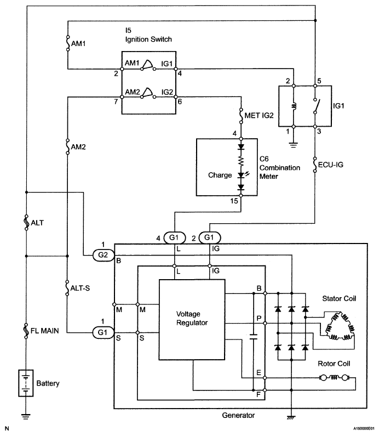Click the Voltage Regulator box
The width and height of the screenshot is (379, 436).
(192, 320)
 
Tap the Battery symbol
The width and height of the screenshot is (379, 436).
(26, 383)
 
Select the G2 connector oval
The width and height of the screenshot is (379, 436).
(103, 255)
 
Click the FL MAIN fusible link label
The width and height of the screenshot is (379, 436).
(45, 331)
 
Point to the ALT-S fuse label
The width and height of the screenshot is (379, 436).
(80, 288)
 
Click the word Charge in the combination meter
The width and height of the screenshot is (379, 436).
(220, 175)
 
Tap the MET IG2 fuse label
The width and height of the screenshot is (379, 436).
(259, 115)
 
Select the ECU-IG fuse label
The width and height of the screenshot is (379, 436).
(331, 165)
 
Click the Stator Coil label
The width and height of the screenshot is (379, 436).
(339, 299)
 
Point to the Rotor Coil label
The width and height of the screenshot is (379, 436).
(334, 364)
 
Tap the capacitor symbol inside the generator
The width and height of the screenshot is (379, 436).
(253, 337)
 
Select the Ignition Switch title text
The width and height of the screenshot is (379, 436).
(148, 39)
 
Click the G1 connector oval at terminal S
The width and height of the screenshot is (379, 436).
(103, 332)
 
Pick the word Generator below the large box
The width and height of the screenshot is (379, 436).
(238, 415)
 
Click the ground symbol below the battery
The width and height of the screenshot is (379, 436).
(26, 416)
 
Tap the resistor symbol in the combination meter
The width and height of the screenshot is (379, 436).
(241, 161)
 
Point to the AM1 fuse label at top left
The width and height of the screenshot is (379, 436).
(78, 44)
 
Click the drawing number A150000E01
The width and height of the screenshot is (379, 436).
(364, 428)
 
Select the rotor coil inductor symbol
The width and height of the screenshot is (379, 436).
(334, 378)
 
